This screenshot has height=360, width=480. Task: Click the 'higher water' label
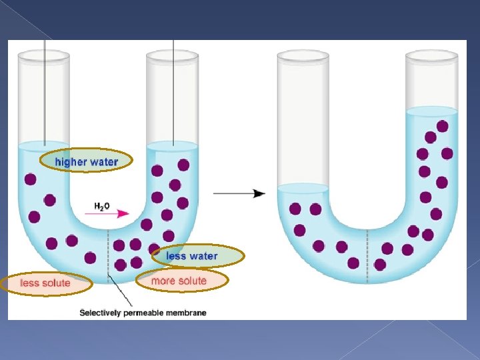[x=86, y=161]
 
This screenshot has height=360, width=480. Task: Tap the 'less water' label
[x=191, y=256]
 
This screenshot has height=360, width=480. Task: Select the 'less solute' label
[x=45, y=283]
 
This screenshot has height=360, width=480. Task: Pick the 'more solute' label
[x=179, y=281]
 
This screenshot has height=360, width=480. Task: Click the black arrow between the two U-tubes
[x=239, y=193]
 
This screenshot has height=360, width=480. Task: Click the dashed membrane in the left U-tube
[x=109, y=253]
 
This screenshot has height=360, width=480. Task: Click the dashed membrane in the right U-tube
[x=367, y=253]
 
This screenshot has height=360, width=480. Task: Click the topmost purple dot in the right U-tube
[x=442, y=126]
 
